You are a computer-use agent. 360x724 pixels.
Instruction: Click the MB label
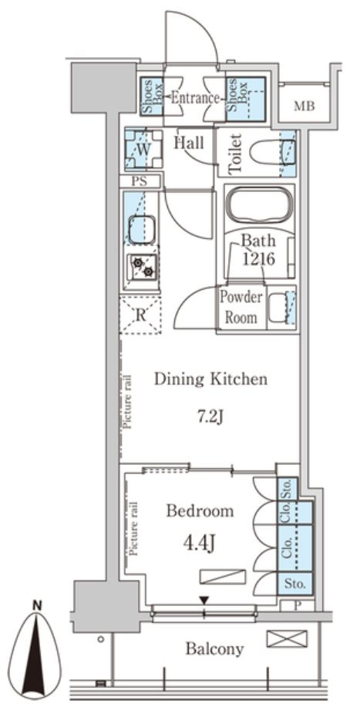click(x=304, y=106)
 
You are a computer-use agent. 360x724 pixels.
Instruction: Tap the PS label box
click(x=140, y=181)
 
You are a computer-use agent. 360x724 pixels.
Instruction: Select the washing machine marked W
click(x=143, y=149)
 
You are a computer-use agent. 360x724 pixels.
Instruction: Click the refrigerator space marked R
click(x=141, y=316)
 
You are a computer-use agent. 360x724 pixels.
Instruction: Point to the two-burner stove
click(x=143, y=268)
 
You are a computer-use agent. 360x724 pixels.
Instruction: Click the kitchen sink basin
click(x=142, y=230)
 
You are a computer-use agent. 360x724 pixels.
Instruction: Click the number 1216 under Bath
click(x=259, y=259)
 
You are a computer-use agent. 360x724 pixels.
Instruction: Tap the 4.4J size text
click(x=200, y=544)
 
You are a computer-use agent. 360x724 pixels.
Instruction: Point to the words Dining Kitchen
click(x=210, y=379)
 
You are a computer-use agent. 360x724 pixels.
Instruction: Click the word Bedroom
click(x=200, y=511)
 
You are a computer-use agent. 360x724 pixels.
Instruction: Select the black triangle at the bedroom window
click(x=204, y=600)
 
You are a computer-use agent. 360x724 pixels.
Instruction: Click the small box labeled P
click(x=298, y=605)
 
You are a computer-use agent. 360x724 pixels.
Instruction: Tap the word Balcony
click(x=214, y=649)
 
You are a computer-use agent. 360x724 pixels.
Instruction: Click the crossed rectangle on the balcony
click(x=287, y=638)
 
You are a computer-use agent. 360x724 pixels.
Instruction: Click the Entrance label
click(x=194, y=99)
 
